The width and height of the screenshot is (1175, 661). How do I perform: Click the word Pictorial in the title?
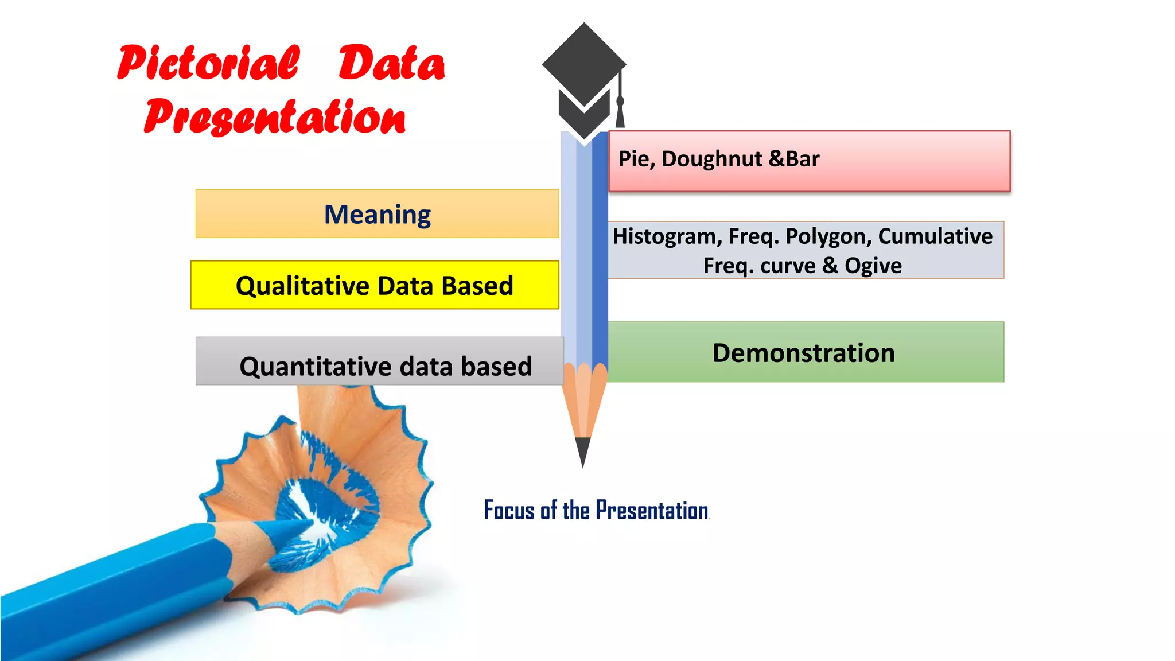pyautogui.click(x=208, y=63)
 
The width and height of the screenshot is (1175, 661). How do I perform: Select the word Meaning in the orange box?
pyautogui.click(x=377, y=215)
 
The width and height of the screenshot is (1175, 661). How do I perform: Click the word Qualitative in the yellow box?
pyautogui.click(x=303, y=286)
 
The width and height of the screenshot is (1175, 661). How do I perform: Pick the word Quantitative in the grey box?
pyautogui.click(x=316, y=366)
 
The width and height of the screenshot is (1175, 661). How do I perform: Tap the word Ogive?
pyautogui.click(x=873, y=266)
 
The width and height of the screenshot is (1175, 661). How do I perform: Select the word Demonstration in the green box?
pyautogui.click(x=803, y=353)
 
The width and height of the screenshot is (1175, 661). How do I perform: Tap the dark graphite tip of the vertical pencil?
pyautogui.click(x=583, y=451)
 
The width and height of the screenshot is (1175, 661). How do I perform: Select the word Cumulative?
pyautogui.click(x=935, y=236)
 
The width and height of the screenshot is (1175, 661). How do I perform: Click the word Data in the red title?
pyautogui.click(x=391, y=63)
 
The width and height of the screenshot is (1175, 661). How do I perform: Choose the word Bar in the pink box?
pyautogui.click(x=803, y=159)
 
